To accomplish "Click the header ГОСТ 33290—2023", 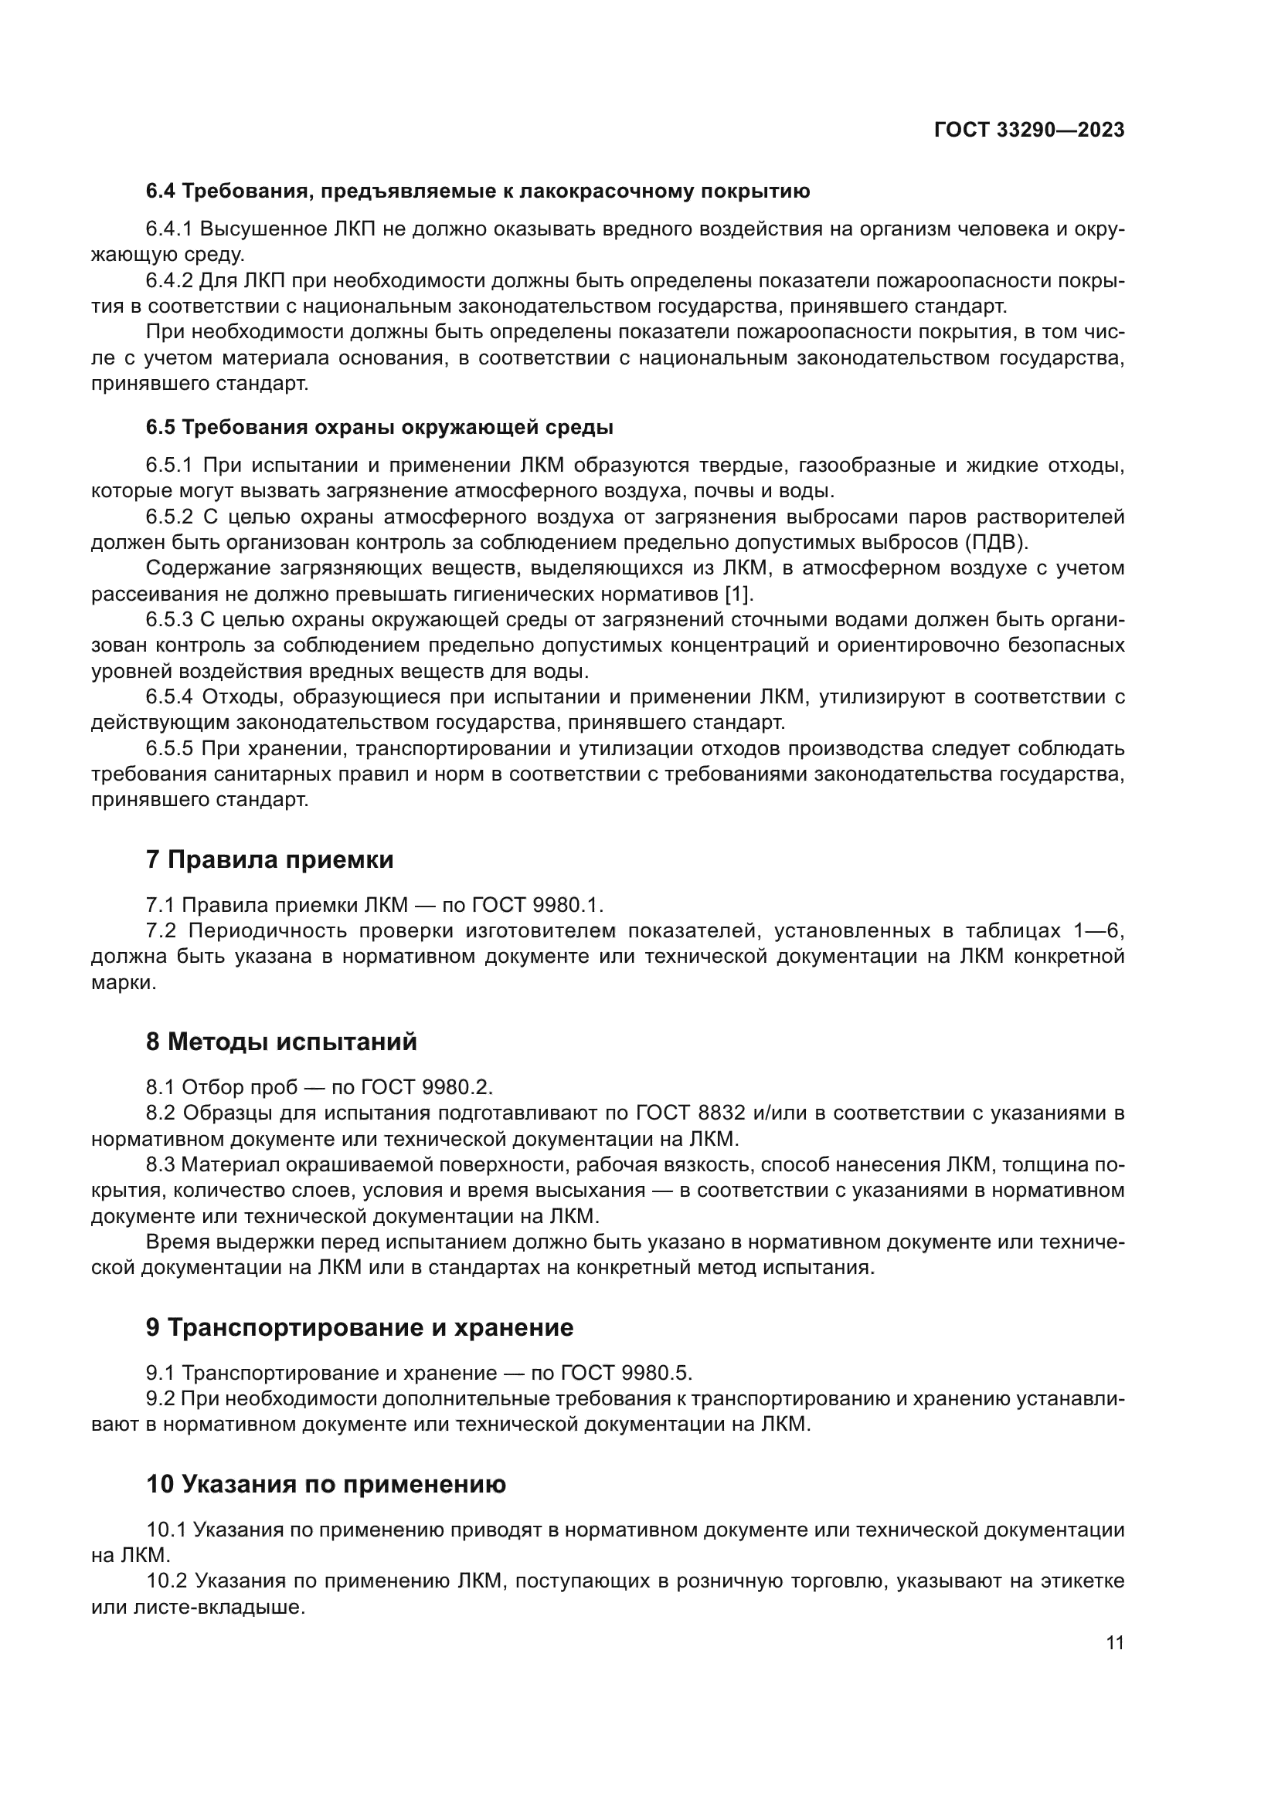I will click(1028, 130).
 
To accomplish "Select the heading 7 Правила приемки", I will click(269, 859).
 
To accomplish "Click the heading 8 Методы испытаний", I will click(281, 1042).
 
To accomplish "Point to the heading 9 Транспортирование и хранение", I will click(359, 1328).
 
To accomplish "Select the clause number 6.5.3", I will click(169, 620).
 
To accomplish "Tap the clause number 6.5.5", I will click(169, 749).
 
